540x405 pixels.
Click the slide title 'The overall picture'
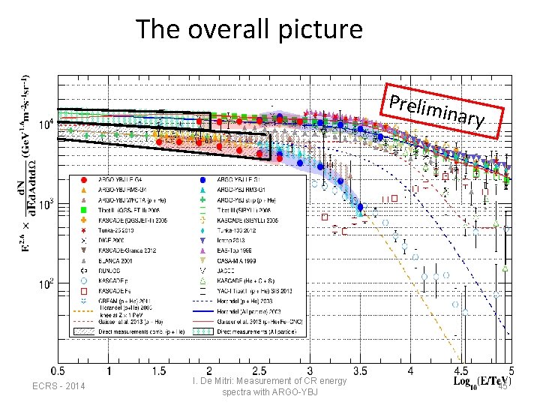249,29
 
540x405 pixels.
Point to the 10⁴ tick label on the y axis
46,124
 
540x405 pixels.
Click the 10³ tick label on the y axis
46,204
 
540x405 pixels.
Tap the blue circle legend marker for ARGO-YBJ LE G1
203,181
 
